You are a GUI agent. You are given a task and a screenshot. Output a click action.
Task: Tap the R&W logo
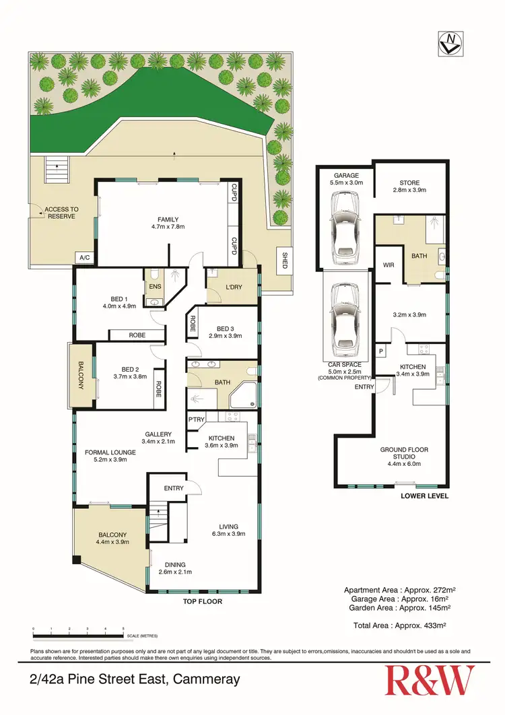(x=429, y=680)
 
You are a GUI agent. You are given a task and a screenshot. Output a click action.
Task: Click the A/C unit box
(x=84, y=257)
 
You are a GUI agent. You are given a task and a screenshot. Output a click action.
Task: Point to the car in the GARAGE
(x=343, y=219)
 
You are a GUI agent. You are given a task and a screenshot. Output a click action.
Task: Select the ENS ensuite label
(x=154, y=286)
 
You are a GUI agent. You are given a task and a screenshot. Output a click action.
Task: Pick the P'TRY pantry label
(x=197, y=420)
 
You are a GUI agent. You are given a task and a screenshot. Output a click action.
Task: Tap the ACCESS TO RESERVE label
(x=62, y=213)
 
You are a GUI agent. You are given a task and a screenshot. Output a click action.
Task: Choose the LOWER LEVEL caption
(x=424, y=496)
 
